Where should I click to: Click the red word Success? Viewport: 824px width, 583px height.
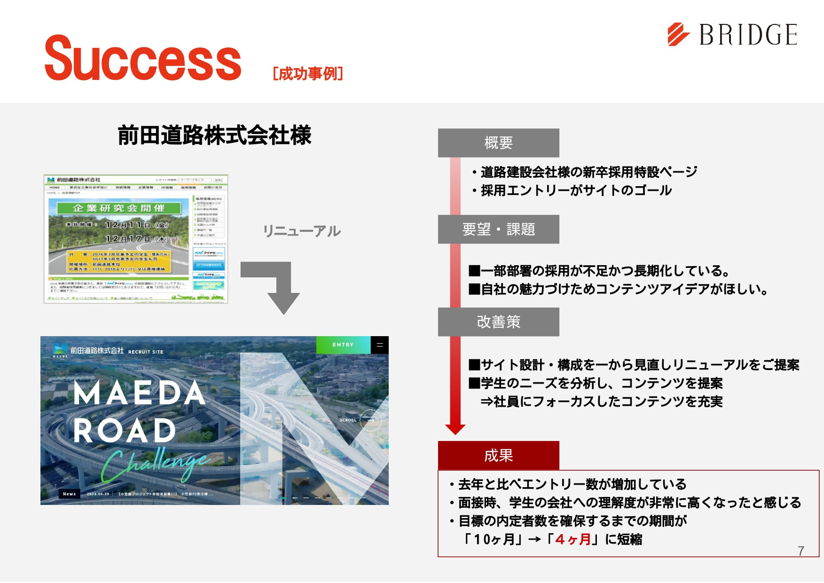pyautogui.click(x=142, y=59)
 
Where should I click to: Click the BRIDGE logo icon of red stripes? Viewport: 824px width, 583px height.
pyautogui.click(x=678, y=34)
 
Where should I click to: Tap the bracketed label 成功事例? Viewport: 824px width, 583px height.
pyautogui.click(x=308, y=74)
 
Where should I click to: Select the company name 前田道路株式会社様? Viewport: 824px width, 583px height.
pyautogui.click(x=214, y=135)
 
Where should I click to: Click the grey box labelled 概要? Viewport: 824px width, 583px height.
pyautogui.click(x=498, y=142)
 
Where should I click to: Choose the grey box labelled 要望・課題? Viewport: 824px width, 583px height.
pyautogui.click(x=498, y=229)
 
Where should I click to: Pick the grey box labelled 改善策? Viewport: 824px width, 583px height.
pyautogui.click(x=498, y=322)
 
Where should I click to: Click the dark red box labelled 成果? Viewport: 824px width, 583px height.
pyautogui.click(x=498, y=455)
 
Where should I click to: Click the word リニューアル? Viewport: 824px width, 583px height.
pyautogui.click(x=302, y=231)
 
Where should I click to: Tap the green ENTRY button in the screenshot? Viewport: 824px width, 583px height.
pyautogui.click(x=343, y=345)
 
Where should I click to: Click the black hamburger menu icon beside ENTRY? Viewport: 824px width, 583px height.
pyautogui.click(x=380, y=345)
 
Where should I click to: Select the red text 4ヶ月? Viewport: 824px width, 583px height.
pyautogui.click(x=573, y=539)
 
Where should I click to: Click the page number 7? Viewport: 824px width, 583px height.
pyautogui.click(x=801, y=551)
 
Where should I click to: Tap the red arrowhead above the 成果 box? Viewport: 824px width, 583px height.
pyautogui.click(x=455, y=429)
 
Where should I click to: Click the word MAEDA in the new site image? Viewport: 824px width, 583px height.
pyautogui.click(x=140, y=393)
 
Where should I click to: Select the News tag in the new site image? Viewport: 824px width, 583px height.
pyautogui.click(x=69, y=494)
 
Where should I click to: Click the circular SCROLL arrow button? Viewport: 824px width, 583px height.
pyautogui.click(x=370, y=420)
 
